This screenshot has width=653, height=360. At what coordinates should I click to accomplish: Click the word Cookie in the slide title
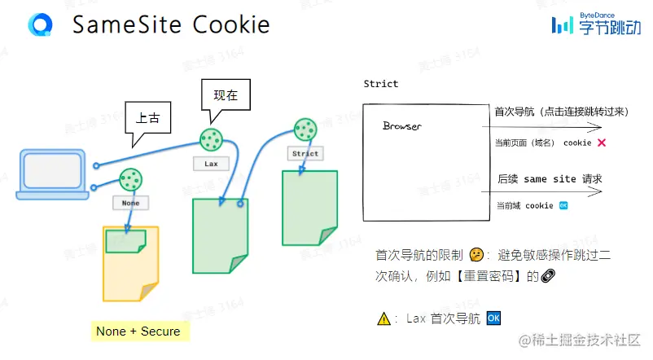pos(231,25)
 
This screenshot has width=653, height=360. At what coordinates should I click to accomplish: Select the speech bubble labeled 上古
pos(147,120)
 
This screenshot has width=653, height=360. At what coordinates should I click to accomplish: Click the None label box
pos(131,202)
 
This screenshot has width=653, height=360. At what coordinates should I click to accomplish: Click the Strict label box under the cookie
pos(305,153)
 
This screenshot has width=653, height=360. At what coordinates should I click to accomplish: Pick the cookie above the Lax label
pos(212,139)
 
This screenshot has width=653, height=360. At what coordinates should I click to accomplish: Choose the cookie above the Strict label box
pos(305,128)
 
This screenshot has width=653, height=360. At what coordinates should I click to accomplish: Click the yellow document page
pos(130,265)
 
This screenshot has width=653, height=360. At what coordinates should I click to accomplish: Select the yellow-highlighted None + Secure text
pos(138,331)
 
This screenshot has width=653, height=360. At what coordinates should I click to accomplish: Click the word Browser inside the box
pos(402,127)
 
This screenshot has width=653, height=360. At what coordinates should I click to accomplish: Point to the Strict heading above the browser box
pos(381,85)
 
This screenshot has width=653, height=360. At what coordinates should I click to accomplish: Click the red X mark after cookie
pos(601,143)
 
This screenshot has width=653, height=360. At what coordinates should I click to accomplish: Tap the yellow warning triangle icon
pos(384,319)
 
